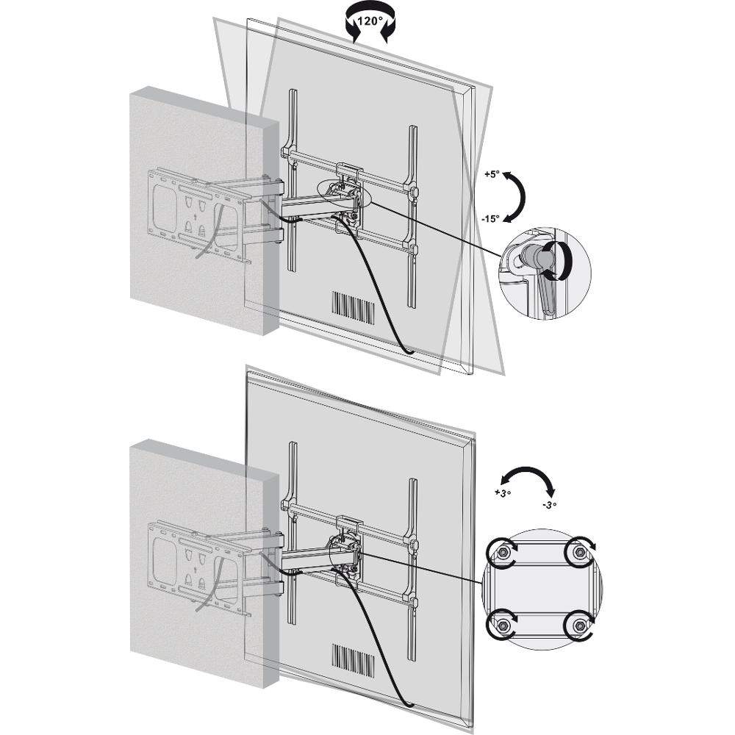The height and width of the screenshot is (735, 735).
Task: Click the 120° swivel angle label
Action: pos(370,21)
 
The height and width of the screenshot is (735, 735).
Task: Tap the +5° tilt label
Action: pos(492,175)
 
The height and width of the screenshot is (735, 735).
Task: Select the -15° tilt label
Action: pos(491,219)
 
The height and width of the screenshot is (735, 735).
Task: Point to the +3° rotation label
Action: pos(502,493)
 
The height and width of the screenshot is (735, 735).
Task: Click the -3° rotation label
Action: pos(549,506)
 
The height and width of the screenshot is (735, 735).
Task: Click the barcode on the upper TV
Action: pos(354,308)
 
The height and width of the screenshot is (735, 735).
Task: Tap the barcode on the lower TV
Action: pos(354,661)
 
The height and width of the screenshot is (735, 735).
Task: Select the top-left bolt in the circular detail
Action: pos(503,553)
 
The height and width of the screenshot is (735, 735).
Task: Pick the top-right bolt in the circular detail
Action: pos(580,552)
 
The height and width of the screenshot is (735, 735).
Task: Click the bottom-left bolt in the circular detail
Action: pos(503,625)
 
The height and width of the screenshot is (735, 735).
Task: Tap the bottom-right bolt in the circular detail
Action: pos(580,625)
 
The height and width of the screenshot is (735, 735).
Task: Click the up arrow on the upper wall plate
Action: pos(195,217)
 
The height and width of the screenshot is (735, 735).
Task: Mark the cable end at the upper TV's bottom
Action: pos(409,351)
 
